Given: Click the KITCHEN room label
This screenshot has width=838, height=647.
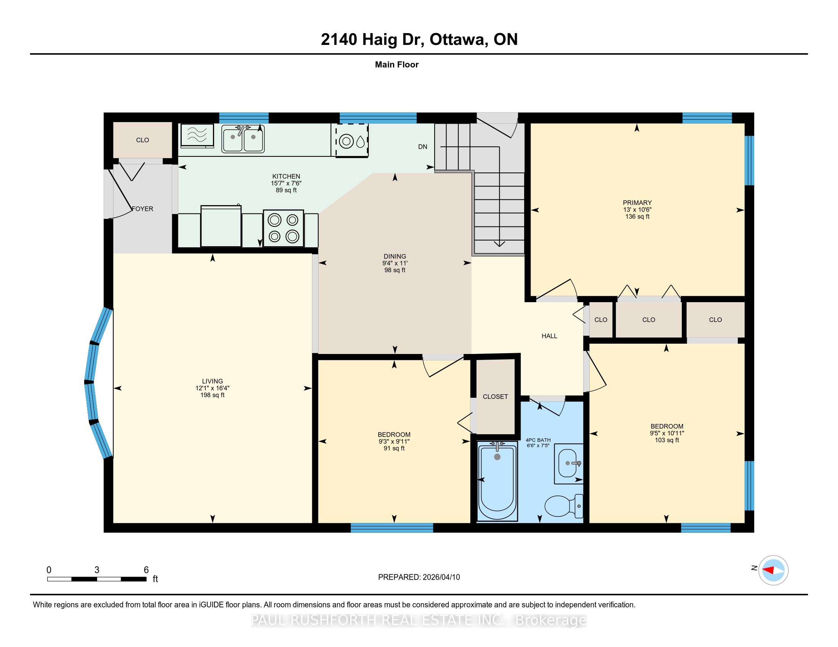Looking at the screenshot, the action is click(x=286, y=177).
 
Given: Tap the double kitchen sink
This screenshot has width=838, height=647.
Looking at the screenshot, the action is click(x=243, y=139).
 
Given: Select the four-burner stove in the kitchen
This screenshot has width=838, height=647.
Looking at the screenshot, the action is click(x=283, y=228).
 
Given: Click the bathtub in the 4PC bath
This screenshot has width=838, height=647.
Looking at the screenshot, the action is click(x=497, y=481).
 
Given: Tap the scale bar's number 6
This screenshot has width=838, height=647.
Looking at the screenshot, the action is click(x=146, y=570).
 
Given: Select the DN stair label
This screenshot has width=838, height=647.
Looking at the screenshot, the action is click(x=422, y=147).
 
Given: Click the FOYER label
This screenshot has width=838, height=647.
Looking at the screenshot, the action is click(x=142, y=209).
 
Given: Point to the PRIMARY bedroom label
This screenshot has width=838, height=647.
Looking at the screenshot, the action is click(x=637, y=203).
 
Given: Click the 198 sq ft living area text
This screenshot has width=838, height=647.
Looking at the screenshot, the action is click(x=213, y=395).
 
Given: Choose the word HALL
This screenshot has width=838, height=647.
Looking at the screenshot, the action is click(x=549, y=336).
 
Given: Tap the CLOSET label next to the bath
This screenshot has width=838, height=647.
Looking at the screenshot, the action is click(x=495, y=397).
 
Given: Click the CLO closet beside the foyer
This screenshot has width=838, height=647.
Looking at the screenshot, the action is click(x=142, y=140).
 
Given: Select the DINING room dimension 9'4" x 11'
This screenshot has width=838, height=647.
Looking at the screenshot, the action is click(x=395, y=263).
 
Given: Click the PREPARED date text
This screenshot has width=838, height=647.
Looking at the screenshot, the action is click(x=419, y=577).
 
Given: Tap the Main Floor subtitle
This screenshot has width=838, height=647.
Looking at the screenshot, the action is click(x=397, y=65).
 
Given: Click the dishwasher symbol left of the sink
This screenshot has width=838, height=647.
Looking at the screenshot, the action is click(x=197, y=135).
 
